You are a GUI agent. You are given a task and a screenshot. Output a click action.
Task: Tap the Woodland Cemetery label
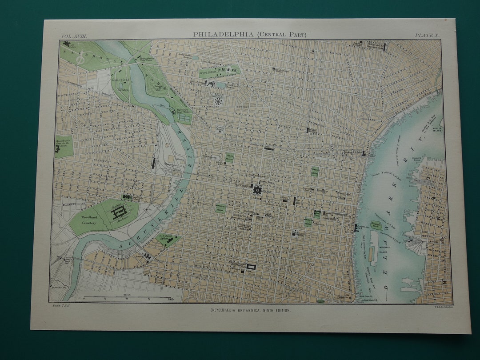(89, 220)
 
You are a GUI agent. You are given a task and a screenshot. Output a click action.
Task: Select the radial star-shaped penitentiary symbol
(218, 101)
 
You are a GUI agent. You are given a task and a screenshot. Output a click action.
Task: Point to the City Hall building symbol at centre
(257, 191)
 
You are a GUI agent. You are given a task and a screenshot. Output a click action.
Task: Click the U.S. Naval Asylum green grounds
(168, 240)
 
